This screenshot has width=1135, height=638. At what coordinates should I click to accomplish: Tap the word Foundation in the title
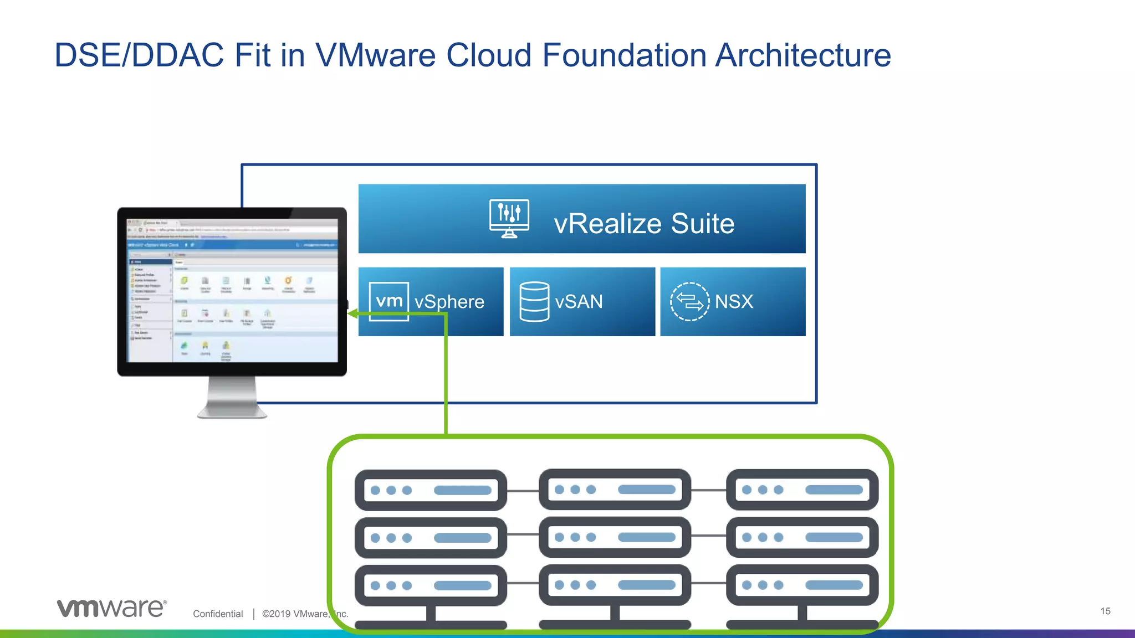pyautogui.click(x=623, y=55)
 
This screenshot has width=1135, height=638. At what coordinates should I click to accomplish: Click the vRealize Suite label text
pyautogui.click(x=644, y=224)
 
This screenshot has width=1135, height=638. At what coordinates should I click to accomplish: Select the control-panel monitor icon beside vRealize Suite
pyautogui.click(x=509, y=219)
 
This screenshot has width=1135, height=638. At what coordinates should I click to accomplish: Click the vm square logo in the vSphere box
pyautogui.click(x=389, y=301)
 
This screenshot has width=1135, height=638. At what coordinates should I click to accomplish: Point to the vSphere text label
pyautogui.click(x=449, y=302)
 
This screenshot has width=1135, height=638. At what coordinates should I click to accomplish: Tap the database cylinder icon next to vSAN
pyautogui.click(x=534, y=302)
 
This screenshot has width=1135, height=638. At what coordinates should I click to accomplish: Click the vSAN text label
pyautogui.click(x=579, y=302)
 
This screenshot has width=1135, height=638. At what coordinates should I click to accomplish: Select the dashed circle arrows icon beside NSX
pyautogui.click(x=689, y=302)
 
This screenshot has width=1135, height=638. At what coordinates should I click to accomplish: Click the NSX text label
pyautogui.click(x=734, y=302)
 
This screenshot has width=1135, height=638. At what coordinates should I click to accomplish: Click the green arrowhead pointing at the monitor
pyautogui.click(x=352, y=314)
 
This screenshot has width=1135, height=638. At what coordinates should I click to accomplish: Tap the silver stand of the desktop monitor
pyautogui.click(x=232, y=398)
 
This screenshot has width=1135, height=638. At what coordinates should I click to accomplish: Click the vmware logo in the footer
pyautogui.click(x=111, y=608)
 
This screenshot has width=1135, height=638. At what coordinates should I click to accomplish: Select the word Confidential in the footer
pyautogui.click(x=218, y=614)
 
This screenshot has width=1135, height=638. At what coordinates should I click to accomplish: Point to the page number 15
pyautogui.click(x=1105, y=611)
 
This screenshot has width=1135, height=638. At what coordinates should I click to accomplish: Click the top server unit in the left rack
pyautogui.click(x=431, y=490)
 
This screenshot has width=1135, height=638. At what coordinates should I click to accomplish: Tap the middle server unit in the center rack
pyautogui.click(x=615, y=537)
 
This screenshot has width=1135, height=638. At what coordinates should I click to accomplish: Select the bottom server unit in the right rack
pyautogui.click(x=802, y=585)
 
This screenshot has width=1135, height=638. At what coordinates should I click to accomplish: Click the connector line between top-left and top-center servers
pyautogui.click(x=523, y=491)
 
